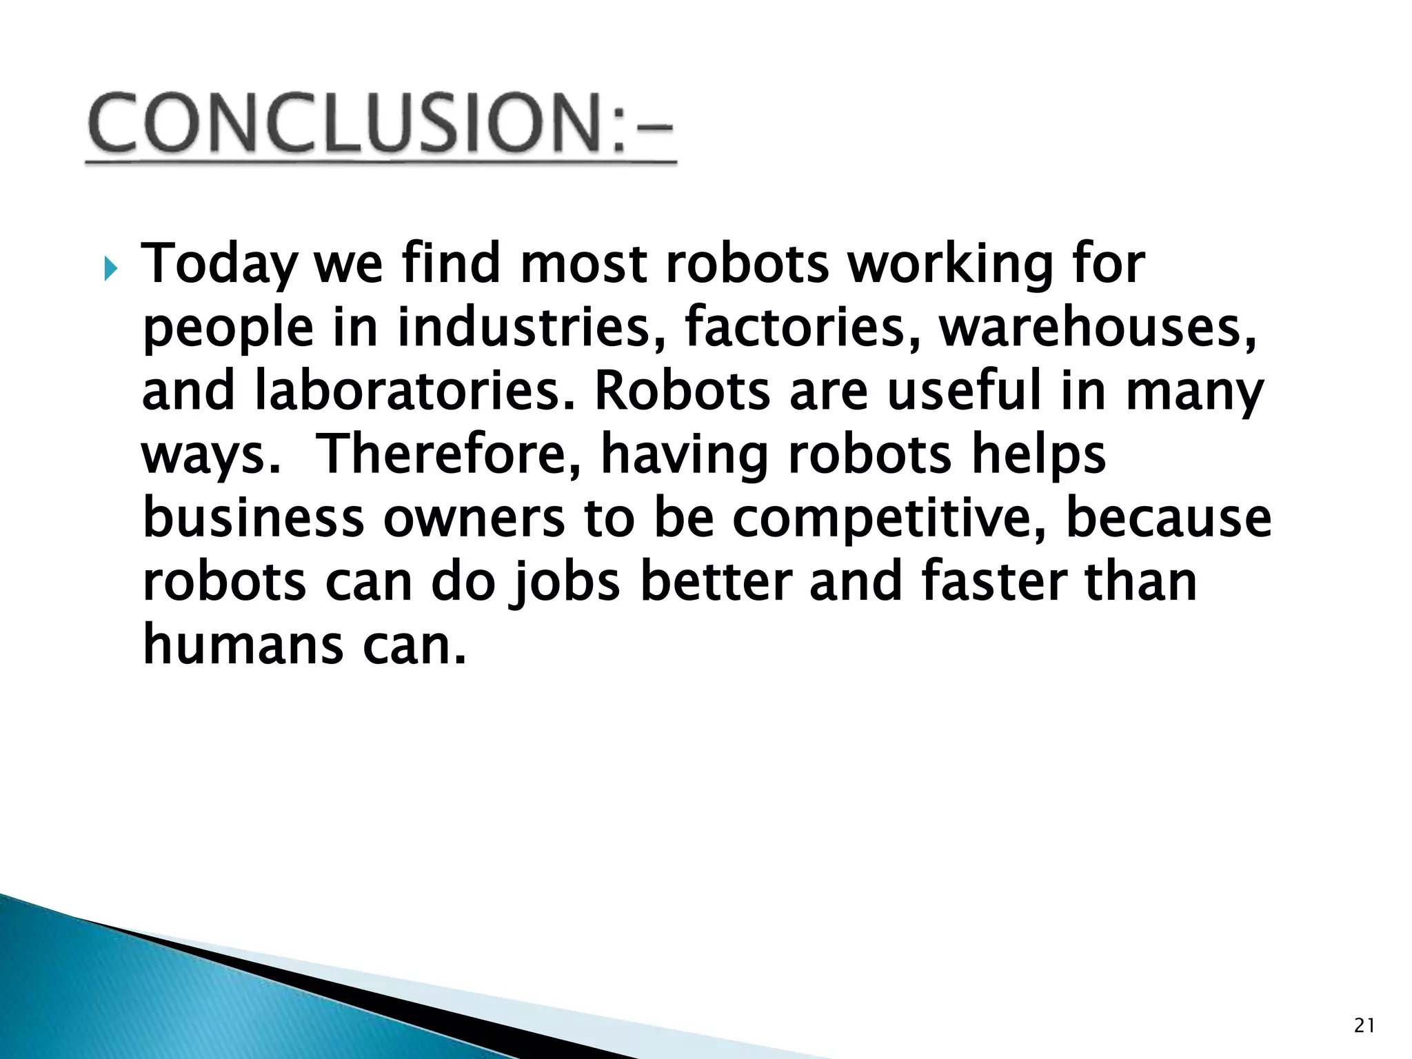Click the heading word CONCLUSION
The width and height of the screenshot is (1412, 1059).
coord(345,124)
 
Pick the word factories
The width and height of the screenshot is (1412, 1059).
coord(803,328)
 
